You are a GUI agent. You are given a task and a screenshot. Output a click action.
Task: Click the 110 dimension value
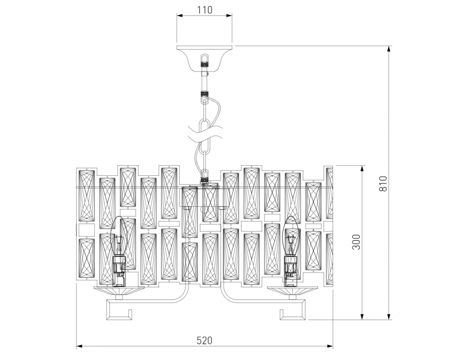click(x=204, y=10)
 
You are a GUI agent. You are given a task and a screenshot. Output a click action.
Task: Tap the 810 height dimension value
click(x=383, y=183)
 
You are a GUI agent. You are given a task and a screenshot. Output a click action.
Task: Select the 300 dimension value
click(x=357, y=242)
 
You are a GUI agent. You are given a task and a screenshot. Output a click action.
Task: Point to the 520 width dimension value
click(x=204, y=340)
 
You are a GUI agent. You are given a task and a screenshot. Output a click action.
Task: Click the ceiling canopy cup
click(x=204, y=58)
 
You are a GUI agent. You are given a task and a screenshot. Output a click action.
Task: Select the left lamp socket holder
click(x=119, y=271)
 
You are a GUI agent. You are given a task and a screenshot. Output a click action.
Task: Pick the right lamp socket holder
click(x=290, y=271)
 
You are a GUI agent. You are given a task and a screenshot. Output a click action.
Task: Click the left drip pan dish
click(x=119, y=291)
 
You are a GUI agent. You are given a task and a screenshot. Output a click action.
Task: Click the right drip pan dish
click(x=293, y=291)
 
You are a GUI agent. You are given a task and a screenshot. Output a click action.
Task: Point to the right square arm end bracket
click(x=293, y=310)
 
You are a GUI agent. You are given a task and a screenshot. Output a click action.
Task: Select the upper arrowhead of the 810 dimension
click(x=389, y=49)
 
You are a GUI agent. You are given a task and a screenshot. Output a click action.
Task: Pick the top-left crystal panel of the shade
click(x=87, y=195)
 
